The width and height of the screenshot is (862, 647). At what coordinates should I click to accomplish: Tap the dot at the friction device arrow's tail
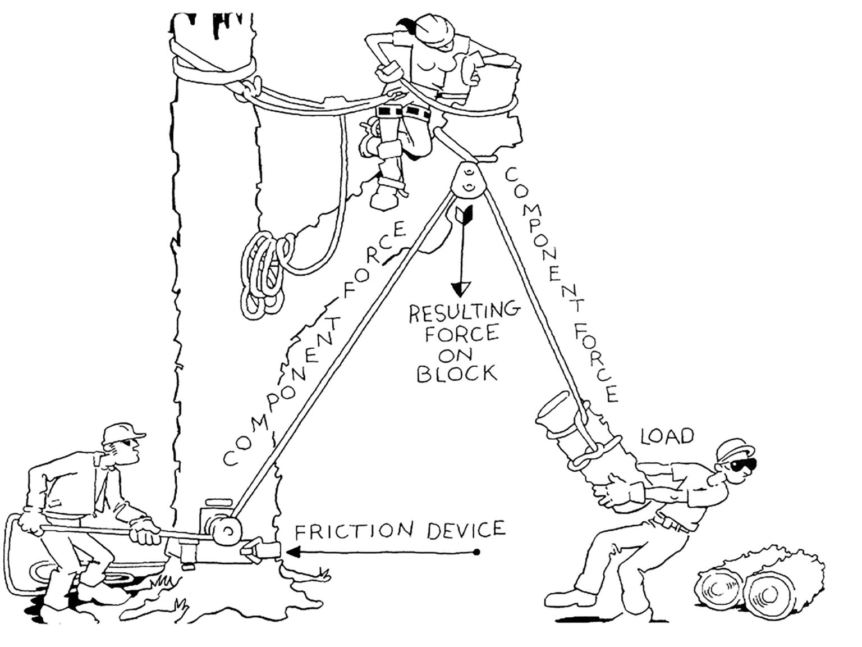pos(476,552)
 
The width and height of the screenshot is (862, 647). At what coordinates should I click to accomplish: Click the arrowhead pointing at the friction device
pos(292,552)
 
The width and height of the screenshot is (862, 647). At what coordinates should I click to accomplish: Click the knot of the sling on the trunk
pos(251,87)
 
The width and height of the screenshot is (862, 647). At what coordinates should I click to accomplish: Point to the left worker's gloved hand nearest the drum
pos(145,531)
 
